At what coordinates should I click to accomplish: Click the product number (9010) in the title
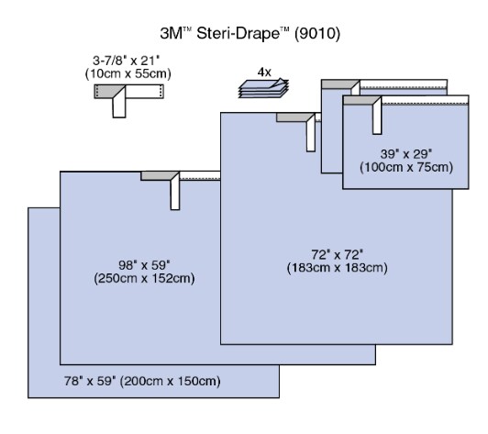(317, 33)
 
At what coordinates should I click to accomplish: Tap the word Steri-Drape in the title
(238, 33)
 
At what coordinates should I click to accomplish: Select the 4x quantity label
(264, 72)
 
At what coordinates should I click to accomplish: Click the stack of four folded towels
(263, 88)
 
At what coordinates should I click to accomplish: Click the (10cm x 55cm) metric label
(128, 73)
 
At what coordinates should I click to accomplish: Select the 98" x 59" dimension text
(144, 265)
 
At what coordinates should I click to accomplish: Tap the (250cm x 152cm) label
(144, 278)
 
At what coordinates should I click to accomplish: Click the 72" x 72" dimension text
(338, 255)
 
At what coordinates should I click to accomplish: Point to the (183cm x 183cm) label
(338, 268)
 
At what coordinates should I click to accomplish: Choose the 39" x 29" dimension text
(406, 154)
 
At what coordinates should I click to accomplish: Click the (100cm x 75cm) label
(406, 167)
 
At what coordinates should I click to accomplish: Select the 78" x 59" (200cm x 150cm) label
(142, 381)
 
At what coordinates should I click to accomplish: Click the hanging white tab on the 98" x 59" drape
(175, 193)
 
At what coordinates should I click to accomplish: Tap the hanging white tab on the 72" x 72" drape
(311, 135)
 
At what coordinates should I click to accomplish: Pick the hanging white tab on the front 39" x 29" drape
(377, 117)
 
